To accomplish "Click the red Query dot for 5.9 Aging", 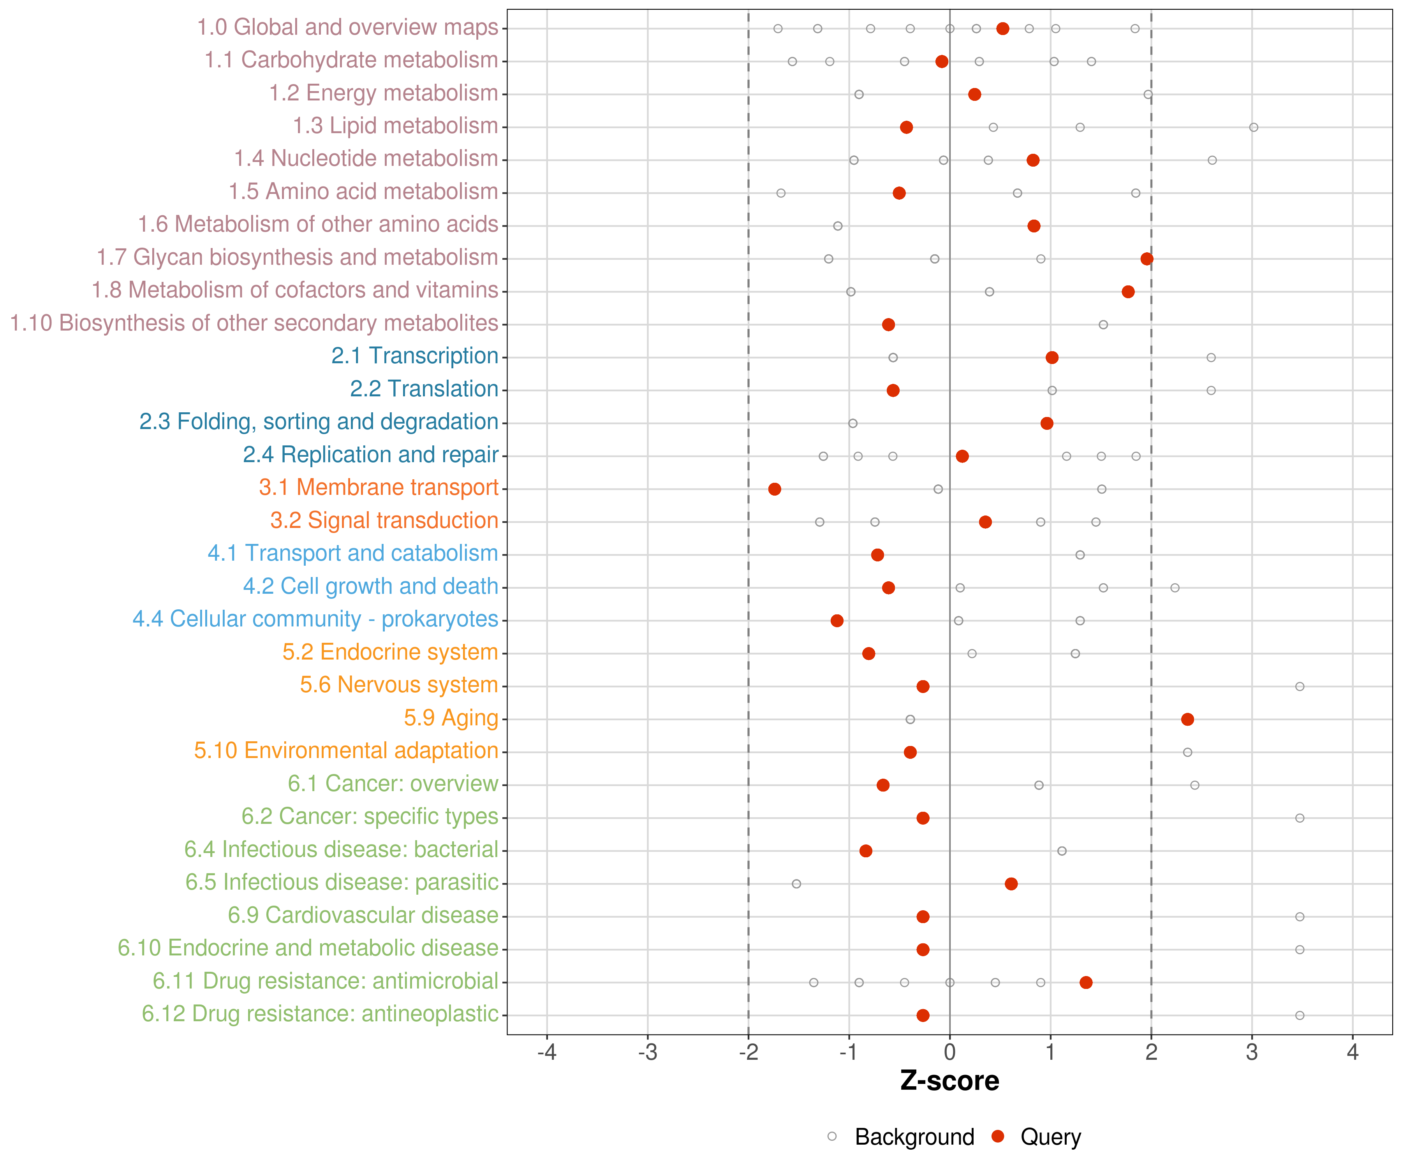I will [x=1187, y=719].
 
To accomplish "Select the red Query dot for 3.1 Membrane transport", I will [x=775, y=489].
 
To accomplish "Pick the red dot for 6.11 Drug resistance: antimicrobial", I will [x=1085, y=982].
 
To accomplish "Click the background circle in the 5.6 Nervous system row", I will [x=1299, y=686].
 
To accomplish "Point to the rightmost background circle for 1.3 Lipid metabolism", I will [x=1253, y=127].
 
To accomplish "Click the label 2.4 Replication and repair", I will [x=370, y=454].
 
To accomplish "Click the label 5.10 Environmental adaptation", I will [x=346, y=750].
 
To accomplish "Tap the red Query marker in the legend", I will [x=997, y=1136].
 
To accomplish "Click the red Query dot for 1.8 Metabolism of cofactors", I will [x=1127, y=292].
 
